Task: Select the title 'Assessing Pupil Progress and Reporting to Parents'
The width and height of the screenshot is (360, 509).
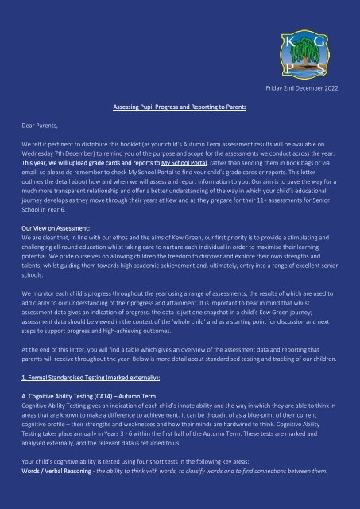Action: tap(179, 106)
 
